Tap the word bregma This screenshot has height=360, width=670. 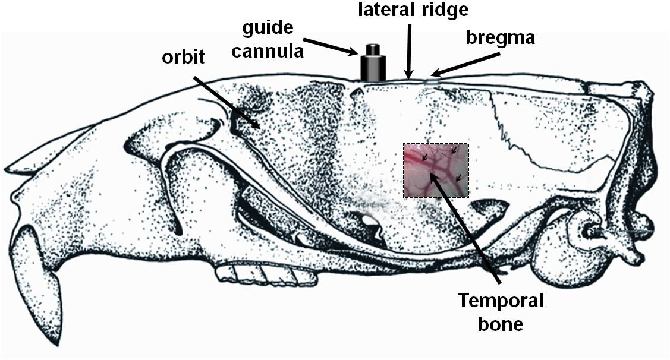(501, 38)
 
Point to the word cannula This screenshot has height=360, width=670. (268, 51)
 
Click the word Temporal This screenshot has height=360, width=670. (501, 301)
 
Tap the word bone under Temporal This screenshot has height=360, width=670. (501, 324)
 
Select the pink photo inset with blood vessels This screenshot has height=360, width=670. (436, 170)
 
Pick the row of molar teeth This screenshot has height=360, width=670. (258, 274)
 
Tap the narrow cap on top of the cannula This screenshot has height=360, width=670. (373, 49)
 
